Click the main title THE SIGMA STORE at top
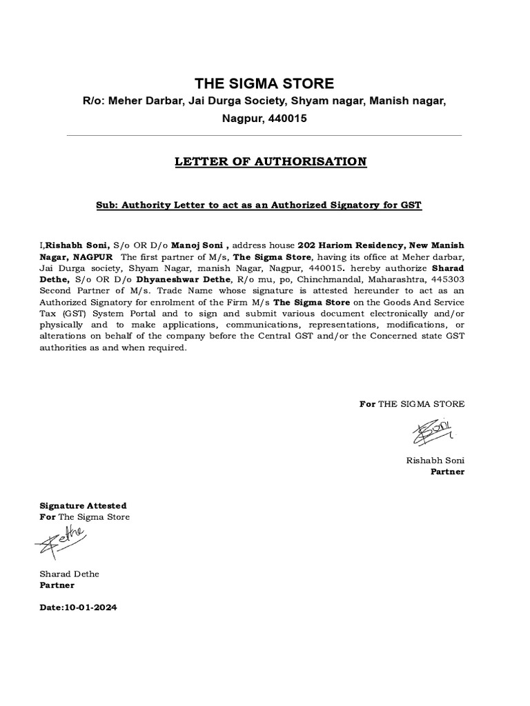tap(264, 84)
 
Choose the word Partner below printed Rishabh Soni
tap(448, 472)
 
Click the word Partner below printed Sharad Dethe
tap(57, 585)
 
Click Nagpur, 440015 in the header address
tap(264, 119)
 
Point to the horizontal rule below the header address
tap(264, 136)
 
